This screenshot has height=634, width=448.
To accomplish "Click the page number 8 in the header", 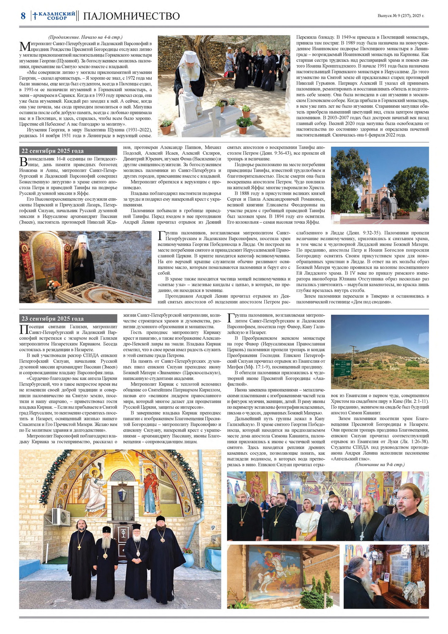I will (x=23, y=16).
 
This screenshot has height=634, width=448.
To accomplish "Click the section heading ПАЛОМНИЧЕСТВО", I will (x=131, y=16).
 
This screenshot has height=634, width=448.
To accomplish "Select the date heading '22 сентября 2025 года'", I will (x=52, y=151).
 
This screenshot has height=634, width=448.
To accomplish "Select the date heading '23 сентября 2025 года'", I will (x=52, y=319).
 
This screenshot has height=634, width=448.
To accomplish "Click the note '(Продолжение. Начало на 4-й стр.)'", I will (x=85, y=37).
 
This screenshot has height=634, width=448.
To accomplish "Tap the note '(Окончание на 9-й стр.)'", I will (x=380, y=465).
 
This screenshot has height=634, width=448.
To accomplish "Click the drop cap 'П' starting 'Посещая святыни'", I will (x=24, y=329).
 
